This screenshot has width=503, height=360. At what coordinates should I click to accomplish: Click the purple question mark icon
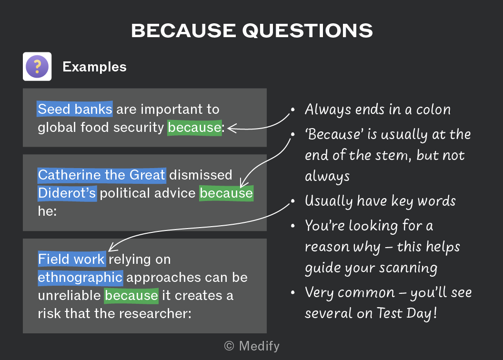point(37,66)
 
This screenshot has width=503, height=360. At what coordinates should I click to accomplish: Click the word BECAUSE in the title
point(184,31)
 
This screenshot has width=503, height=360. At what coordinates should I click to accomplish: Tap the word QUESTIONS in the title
point(308,31)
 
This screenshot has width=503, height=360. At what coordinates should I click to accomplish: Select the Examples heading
point(95,67)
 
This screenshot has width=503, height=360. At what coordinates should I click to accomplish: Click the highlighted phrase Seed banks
point(75,109)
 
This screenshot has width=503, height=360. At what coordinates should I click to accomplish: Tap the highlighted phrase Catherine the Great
point(101,175)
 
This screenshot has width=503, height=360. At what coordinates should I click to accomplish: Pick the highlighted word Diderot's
point(67,193)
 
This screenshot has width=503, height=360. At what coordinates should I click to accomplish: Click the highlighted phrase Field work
point(71,259)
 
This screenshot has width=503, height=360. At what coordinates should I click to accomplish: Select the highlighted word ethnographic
point(80,277)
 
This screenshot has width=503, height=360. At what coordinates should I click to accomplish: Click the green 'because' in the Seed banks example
point(194,128)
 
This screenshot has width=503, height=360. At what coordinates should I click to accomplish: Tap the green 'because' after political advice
point(226,193)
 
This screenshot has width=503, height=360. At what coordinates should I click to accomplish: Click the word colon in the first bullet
point(433,110)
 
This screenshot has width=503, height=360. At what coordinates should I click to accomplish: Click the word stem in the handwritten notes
point(393,156)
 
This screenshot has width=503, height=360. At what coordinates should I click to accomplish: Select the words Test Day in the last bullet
point(406,313)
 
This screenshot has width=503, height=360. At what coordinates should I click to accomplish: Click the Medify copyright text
point(252,346)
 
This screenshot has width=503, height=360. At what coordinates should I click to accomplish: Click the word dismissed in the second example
point(201,175)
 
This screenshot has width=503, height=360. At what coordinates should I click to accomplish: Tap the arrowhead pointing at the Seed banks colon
point(231,128)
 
